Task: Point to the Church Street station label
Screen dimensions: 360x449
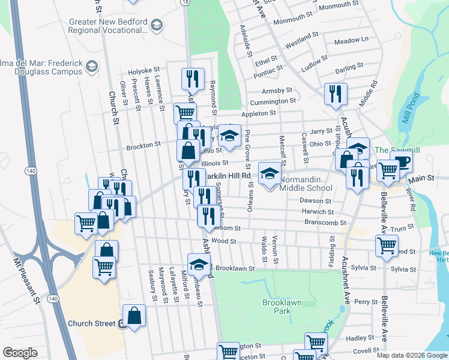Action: pos(91,323)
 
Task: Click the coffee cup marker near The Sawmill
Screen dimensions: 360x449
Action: pos(401,161)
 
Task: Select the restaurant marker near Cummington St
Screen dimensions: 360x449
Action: pos(335,94)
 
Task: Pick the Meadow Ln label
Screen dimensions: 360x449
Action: pos(351,41)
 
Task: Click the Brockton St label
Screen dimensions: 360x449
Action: pos(143,145)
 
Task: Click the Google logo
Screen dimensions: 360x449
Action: pos(20,353)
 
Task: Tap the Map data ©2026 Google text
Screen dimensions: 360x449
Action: pos(411,355)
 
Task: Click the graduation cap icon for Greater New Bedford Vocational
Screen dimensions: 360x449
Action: pos(157,25)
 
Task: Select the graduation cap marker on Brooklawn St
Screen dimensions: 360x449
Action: pos(199,264)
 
